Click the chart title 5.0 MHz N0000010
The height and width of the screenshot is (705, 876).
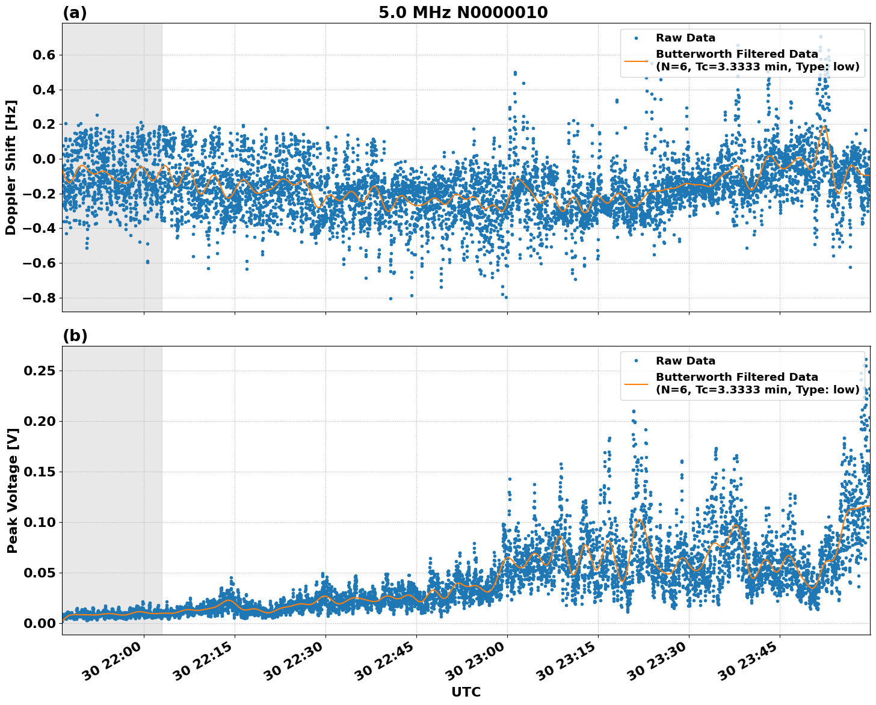[463, 13]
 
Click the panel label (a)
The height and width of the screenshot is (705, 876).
[75, 13]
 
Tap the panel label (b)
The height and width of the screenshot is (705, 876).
[75, 336]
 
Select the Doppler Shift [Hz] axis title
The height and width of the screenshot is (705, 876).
[11, 167]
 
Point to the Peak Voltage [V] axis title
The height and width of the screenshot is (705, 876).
[12, 490]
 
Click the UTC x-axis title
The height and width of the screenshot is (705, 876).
[466, 692]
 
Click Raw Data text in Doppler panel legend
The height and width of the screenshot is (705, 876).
[685, 38]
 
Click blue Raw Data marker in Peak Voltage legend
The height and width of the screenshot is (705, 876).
[636, 361]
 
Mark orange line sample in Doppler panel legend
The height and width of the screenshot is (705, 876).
[636, 60]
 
